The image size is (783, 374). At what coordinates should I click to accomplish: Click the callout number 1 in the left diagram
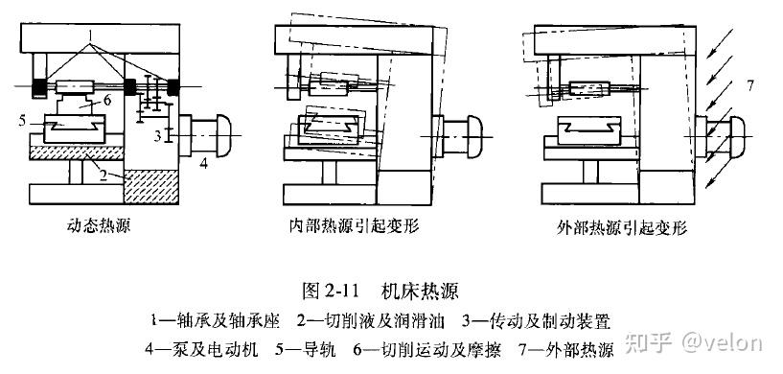90,36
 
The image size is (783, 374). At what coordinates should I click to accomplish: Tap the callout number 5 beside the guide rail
22,122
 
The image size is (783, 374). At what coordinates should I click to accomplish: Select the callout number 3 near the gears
157,136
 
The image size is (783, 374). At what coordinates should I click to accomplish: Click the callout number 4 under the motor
204,163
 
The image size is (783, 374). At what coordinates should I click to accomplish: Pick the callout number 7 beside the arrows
749,86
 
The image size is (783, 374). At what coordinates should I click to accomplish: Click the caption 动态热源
99,226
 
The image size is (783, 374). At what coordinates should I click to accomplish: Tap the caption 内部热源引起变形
354,226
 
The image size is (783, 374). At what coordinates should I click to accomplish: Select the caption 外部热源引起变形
622,228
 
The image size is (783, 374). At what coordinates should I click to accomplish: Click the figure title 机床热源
420,291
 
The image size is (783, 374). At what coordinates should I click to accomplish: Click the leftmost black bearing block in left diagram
38,87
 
